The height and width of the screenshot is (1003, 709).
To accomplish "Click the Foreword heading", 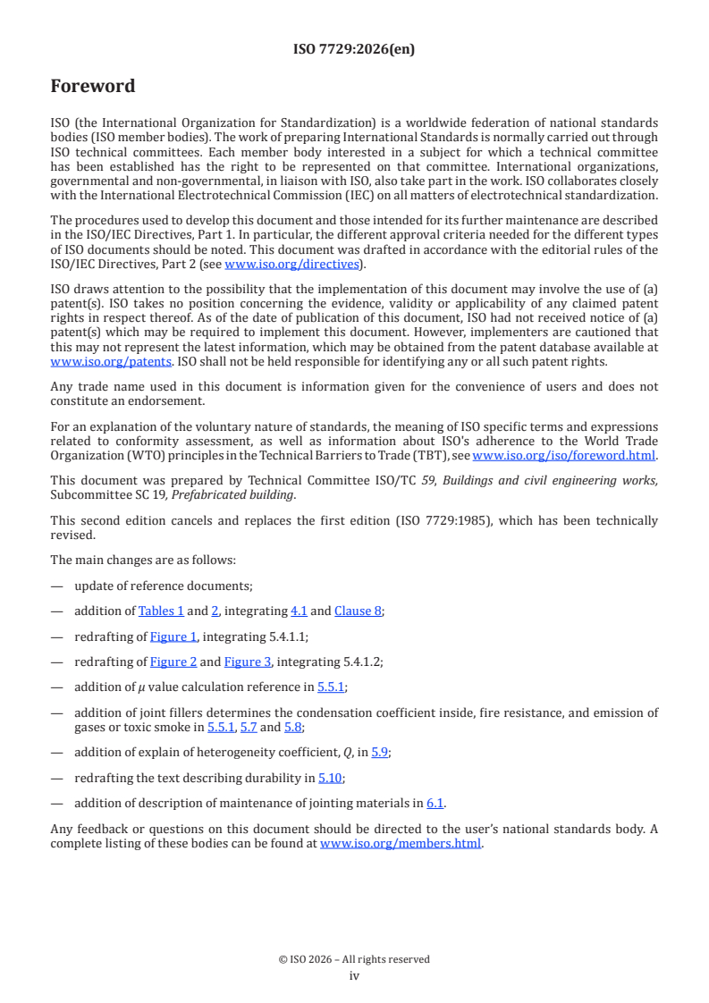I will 93,87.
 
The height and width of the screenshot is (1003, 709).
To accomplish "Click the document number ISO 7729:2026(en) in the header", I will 354,50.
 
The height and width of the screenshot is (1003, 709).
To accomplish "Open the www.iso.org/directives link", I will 291,264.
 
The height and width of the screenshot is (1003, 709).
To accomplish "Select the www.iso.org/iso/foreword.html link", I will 563,456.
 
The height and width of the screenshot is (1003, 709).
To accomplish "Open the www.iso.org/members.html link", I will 401,842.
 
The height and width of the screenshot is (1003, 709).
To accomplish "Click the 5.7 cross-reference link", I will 248,727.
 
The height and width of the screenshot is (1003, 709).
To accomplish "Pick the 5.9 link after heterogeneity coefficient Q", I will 379,753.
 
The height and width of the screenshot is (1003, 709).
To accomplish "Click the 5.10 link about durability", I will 331,778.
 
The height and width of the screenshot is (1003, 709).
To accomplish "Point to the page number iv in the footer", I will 354,976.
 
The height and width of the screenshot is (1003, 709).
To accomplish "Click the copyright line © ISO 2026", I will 354,959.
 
